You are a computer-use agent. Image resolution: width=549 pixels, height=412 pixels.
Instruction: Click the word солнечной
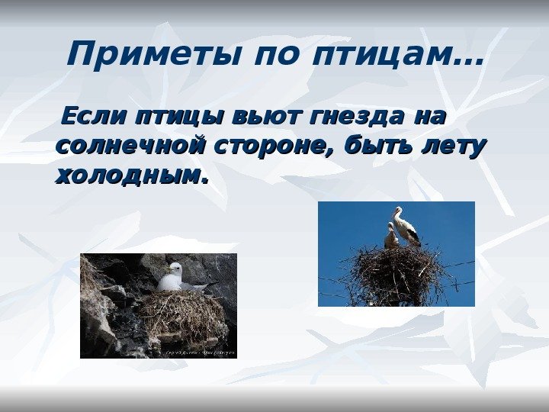coord(130,145)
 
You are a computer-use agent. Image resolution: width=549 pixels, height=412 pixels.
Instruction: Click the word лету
coord(454,147)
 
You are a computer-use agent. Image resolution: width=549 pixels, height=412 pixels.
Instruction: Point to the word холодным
coord(131,176)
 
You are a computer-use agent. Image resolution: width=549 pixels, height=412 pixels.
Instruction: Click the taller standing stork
coord(406,227)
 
